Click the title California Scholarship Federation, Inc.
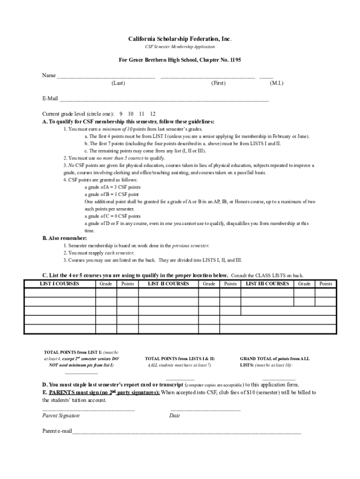(180, 38)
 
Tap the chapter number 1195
(235, 60)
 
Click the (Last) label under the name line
(118, 83)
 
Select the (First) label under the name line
(218, 83)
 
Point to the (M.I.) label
(276, 83)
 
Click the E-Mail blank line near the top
(164, 99)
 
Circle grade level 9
(121, 114)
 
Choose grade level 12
(153, 114)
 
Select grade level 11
(142, 114)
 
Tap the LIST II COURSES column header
(168, 283)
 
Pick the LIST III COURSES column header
(267, 283)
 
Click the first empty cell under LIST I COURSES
(59, 293)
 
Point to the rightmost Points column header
(325, 283)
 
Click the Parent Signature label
(61, 415)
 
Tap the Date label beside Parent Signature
(175, 415)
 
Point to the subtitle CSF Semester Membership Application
(180, 47)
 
